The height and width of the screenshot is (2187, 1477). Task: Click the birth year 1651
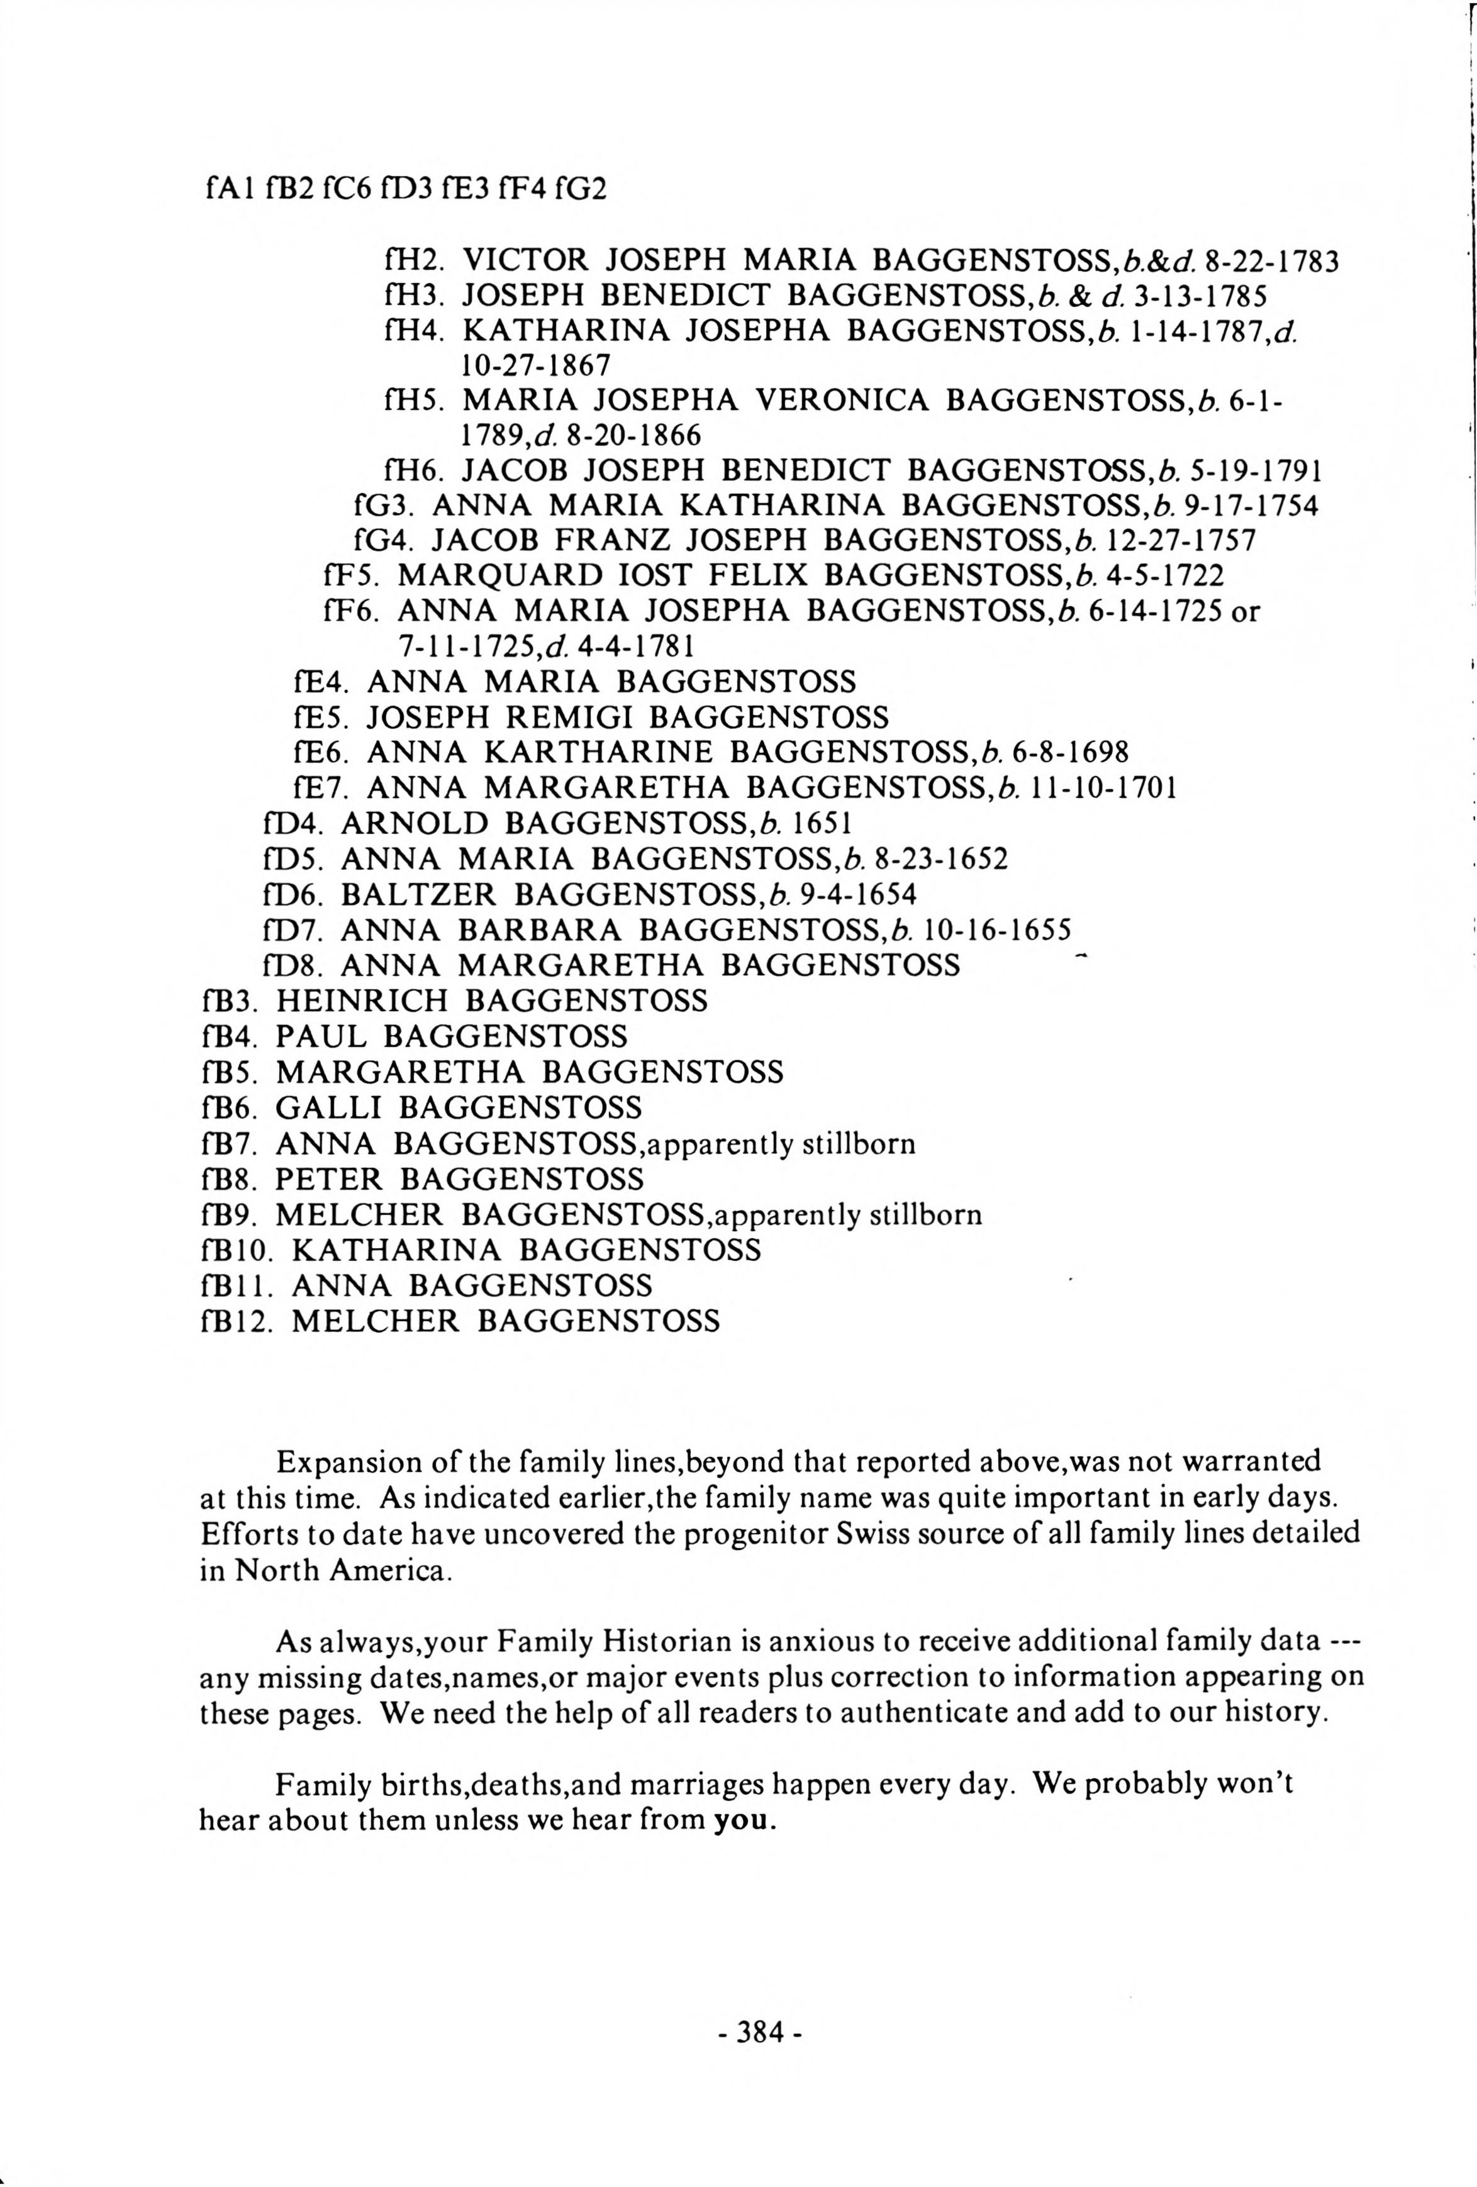click(x=823, y=823)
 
